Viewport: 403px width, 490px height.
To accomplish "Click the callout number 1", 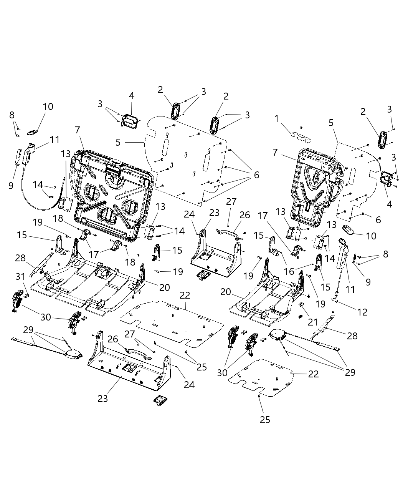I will click(x=276, y=119).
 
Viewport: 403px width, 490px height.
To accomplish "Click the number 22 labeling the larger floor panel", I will click(x=185, y=296).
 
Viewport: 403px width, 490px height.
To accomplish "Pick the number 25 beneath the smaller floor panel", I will click(x=265, y=420).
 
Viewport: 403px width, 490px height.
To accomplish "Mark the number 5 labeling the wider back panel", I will click(x=118, y=142).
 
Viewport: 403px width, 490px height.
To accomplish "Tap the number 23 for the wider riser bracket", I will click(x=102, y=399).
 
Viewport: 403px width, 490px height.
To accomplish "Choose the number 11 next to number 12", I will click(x=350, y=289).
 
